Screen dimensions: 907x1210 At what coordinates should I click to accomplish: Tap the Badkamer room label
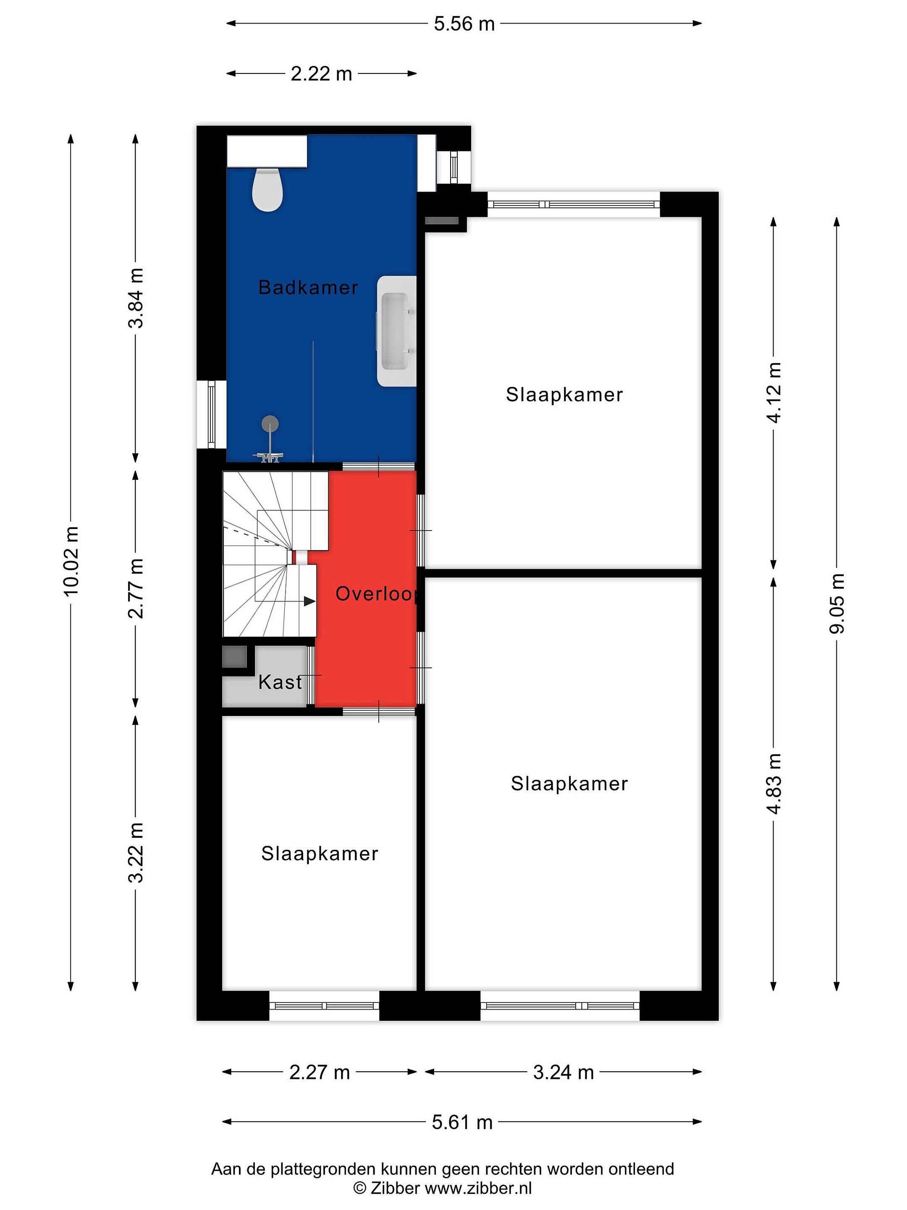click(308, 287)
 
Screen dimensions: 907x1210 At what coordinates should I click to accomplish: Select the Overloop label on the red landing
click(377, 594)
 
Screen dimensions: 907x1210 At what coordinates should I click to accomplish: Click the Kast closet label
click(280, 682)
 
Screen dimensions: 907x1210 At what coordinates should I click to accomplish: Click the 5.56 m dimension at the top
click(464, 24)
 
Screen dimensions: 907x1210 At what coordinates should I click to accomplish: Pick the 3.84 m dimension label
click(136, 298)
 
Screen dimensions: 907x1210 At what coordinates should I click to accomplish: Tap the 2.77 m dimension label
click(136, 589)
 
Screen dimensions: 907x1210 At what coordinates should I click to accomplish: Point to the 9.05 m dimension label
click(837, 604)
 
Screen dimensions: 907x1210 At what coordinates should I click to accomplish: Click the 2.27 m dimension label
click(320, 1073)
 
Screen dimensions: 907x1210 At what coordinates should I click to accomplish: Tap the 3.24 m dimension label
click(564, 1073)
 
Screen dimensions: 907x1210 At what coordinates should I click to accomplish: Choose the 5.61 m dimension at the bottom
click(462, 1123)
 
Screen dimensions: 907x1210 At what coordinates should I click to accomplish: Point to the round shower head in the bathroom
click(270, 423)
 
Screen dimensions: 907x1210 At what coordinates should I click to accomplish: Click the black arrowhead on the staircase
click(310, 601)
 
